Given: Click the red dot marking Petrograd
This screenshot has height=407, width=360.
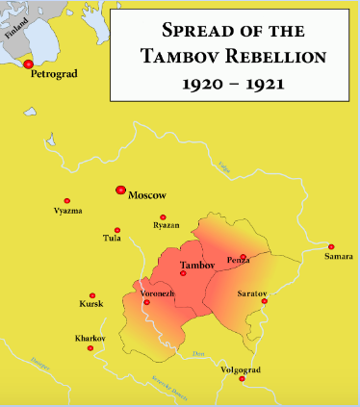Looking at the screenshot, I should [x=29, y=64].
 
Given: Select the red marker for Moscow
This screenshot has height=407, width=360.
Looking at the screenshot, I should [x=120, y=191].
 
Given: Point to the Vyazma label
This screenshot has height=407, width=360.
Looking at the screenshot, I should [x=67, y=211].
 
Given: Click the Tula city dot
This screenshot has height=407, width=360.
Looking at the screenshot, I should [x=116, y=230].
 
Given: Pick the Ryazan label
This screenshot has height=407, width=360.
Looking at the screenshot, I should [x=167, y=225].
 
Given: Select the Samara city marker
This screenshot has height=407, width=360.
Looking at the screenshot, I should [x=331, y=247].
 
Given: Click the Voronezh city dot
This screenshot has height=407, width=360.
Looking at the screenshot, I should [x=146, y=302].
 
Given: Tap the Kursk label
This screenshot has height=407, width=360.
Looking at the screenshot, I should [x=91, y=305].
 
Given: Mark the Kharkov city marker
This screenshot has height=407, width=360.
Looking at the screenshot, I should [x=90, y=347].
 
